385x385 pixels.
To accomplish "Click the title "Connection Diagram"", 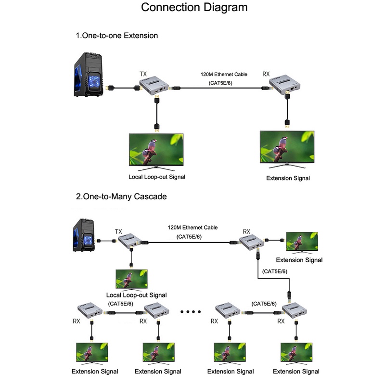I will pos(194,8).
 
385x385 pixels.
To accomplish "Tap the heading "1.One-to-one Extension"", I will pos(116,36).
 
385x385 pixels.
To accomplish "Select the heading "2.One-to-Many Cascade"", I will pos(121,197).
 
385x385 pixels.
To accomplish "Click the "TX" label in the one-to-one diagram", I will pos(143,74).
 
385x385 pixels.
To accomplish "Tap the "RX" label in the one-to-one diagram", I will pos(266,74).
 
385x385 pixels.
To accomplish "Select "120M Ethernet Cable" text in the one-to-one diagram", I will pos(224,75).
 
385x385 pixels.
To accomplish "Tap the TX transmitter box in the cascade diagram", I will pos(130,241).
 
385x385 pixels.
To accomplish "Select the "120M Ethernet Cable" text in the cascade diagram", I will pos(192,227).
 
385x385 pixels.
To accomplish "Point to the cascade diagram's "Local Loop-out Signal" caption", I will pos(136,295).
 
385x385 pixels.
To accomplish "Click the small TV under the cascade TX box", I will pos(131,279).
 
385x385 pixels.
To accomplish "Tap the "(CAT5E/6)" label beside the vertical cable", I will pos(275,271).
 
